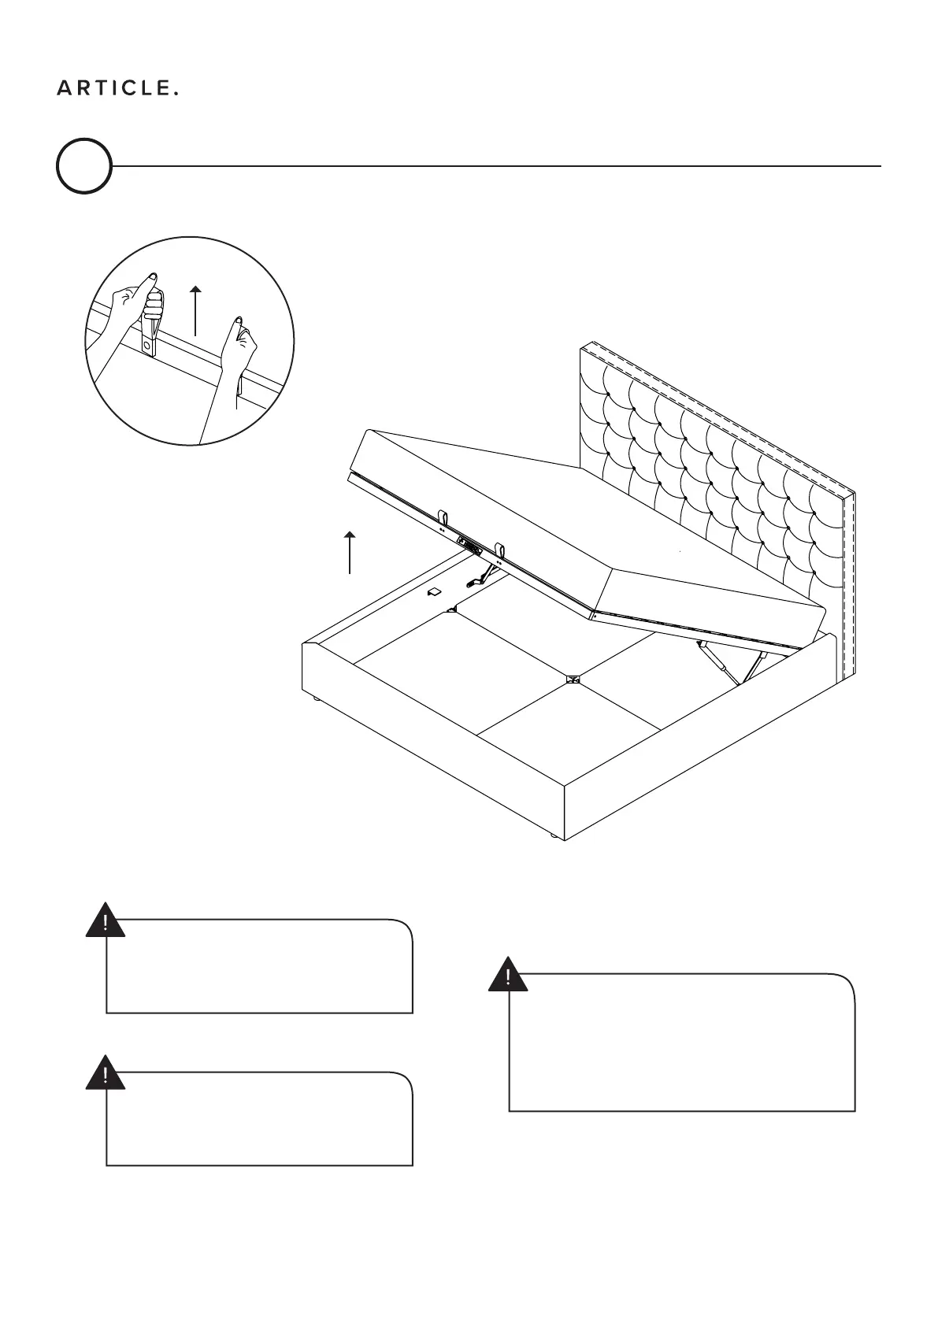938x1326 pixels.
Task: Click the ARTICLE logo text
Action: point(117,89)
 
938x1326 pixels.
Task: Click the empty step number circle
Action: point(83,166)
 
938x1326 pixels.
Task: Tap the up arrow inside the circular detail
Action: point(196,311)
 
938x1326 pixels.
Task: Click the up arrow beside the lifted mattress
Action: point(350,553)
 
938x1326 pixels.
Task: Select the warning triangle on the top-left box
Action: point(106,922)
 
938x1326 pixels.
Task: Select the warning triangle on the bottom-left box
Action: point(106,1075)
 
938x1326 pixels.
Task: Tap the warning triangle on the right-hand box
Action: point(508,976)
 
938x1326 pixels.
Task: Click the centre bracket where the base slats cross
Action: point(572,678)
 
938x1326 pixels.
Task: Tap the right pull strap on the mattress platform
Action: point(499,548)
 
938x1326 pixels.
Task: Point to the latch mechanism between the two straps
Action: point(469,546)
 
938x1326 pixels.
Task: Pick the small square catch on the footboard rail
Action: point(432,591)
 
